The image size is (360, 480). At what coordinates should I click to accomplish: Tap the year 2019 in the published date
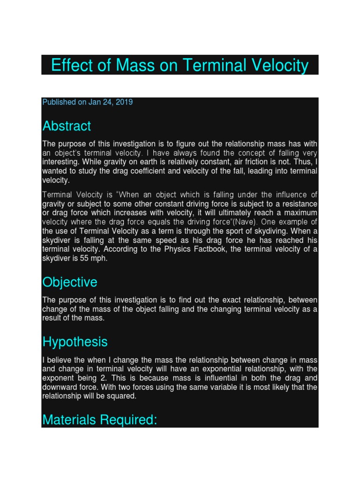pyautogui.click(x=124, y=102)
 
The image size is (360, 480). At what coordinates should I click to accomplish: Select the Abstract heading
pyautogui.click(x=67, y=126)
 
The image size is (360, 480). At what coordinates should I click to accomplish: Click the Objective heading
pyautogui.click(x=70, y=282)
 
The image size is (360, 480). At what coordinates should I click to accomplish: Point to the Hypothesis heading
pyautogui.click(x=75, y=342)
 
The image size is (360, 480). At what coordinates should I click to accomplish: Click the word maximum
pyautogui.click(x=300, y=213)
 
